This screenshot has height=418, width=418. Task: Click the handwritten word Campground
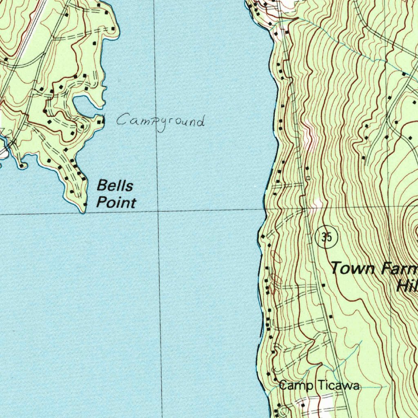click(x=160, y=121)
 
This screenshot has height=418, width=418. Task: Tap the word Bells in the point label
click(x=115, y=186)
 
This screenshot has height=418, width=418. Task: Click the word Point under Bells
click(x=116, y=202)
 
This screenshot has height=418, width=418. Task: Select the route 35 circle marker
click(x=326, y=237)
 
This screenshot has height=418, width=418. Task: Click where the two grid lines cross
click(x=158, y=211)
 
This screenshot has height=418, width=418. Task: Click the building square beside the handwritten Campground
click(x=101, y=120)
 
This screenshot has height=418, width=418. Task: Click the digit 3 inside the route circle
click(x=323, y=237)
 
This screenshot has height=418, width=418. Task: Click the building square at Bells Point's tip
click(x=85, y=204)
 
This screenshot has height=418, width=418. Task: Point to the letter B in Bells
click(x=102, y=186)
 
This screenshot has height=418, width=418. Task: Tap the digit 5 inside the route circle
click(x=329, y=237)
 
